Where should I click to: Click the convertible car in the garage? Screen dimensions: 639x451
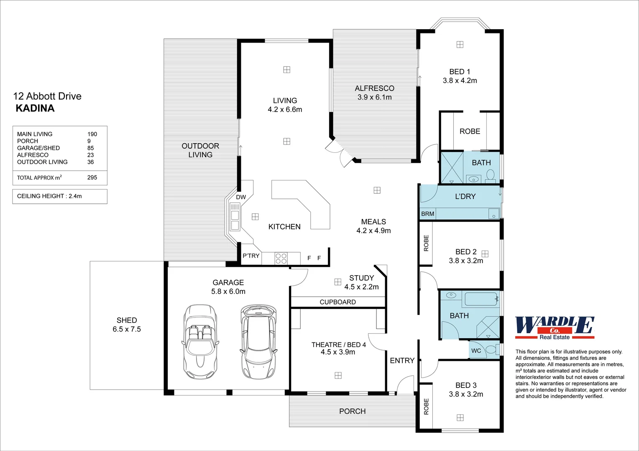coord(200,342)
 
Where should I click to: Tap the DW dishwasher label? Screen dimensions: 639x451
coord(241,197)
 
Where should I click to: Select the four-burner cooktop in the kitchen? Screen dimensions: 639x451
coord(281,258)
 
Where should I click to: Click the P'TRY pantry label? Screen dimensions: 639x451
coord(251,256)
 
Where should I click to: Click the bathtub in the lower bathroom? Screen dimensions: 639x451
coord(481,299)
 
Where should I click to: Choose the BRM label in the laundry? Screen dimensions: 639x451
coord(428,214)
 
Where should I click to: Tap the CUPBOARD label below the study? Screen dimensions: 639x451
coord(338,302)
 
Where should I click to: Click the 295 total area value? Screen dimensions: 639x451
coord(92,177)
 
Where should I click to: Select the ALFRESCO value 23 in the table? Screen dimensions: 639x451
coord(90,155)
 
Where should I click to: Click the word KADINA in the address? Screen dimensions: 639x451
coord(35,108)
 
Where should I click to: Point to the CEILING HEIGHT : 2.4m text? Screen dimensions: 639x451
coord(49,196)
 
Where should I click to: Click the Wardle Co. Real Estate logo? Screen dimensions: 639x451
coord(555,328)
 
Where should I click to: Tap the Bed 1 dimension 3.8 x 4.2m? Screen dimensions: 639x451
coord(460,81)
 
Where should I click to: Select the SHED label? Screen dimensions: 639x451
coord(127,320)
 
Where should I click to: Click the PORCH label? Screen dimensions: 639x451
coord(352,411)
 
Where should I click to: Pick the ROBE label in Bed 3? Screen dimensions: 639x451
coord(426,407)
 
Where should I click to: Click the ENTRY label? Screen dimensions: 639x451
coord(402,361)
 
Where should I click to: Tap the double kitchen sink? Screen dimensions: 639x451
coord(235,220)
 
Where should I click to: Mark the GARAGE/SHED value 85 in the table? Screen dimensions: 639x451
coord(90,148)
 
